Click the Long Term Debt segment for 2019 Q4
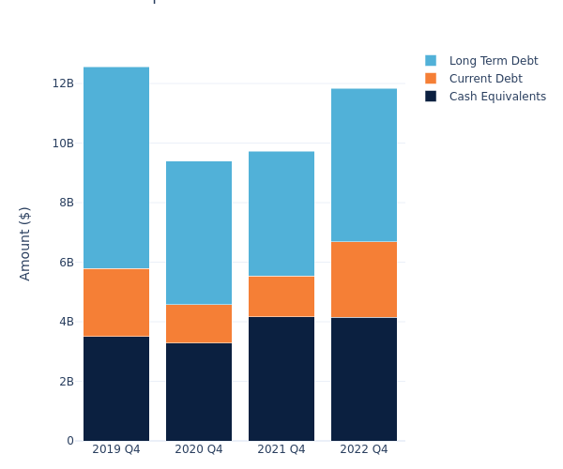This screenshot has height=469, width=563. click(116, 168)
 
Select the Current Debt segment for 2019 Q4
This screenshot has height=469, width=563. click(116, 302)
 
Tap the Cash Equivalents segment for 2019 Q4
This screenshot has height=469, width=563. click(116, 388)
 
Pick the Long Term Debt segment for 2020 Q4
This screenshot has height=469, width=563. click(199, 233)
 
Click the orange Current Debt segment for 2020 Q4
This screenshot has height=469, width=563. click(199, 324)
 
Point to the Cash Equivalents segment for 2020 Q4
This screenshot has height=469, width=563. click(199, 391)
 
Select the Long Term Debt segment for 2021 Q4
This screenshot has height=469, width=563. click(281, 214)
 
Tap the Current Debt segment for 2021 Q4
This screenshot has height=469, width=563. click(281, 296)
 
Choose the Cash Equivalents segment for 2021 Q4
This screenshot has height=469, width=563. click(281, 378)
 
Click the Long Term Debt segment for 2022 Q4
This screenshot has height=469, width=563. click(364, 165)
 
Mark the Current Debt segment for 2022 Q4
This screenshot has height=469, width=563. click(364, 280)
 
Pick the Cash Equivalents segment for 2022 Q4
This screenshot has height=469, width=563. click(364, 379)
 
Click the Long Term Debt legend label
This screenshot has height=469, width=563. click(494, 61)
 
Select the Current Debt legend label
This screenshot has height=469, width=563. click(485, 79)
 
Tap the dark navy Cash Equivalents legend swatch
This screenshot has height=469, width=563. click(431, 97)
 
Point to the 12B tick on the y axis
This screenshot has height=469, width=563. click(63, 83)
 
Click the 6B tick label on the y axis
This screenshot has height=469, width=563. click(66, 263)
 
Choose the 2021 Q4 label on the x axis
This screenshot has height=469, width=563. click(281, 449)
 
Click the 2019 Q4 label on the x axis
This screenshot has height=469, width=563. click(116, 449)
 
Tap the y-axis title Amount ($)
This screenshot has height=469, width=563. click(25, 243)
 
